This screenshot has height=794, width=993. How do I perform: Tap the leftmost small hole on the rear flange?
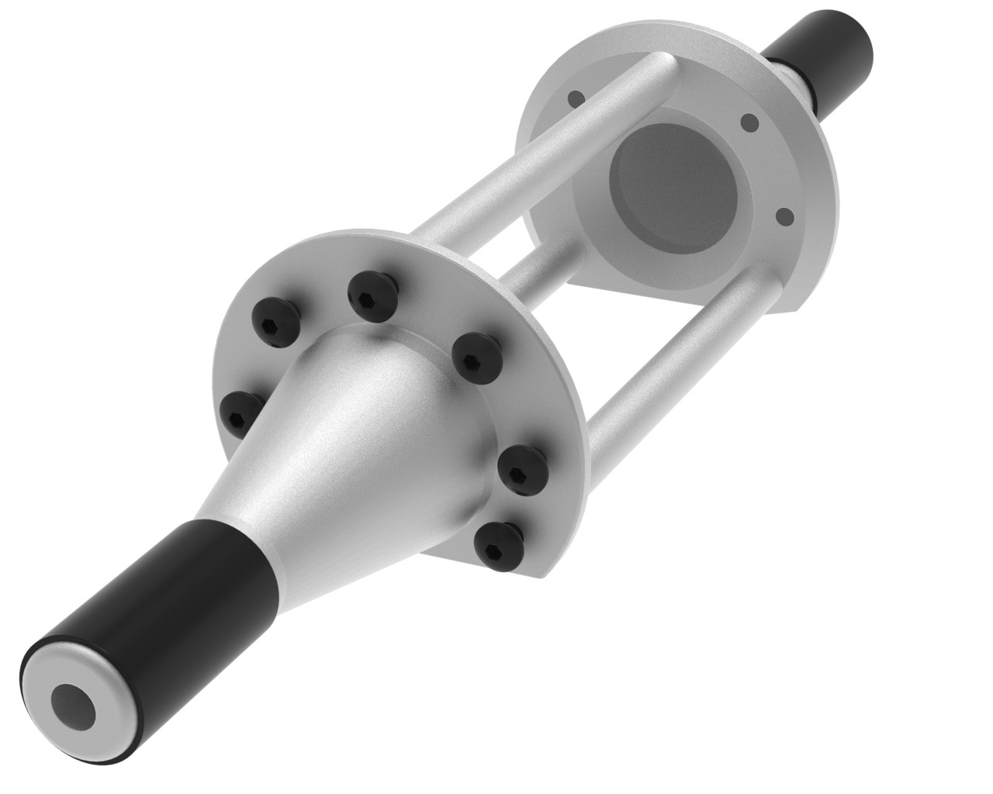tap(575, 98)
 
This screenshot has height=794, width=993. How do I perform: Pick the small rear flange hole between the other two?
tap(749, 123)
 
